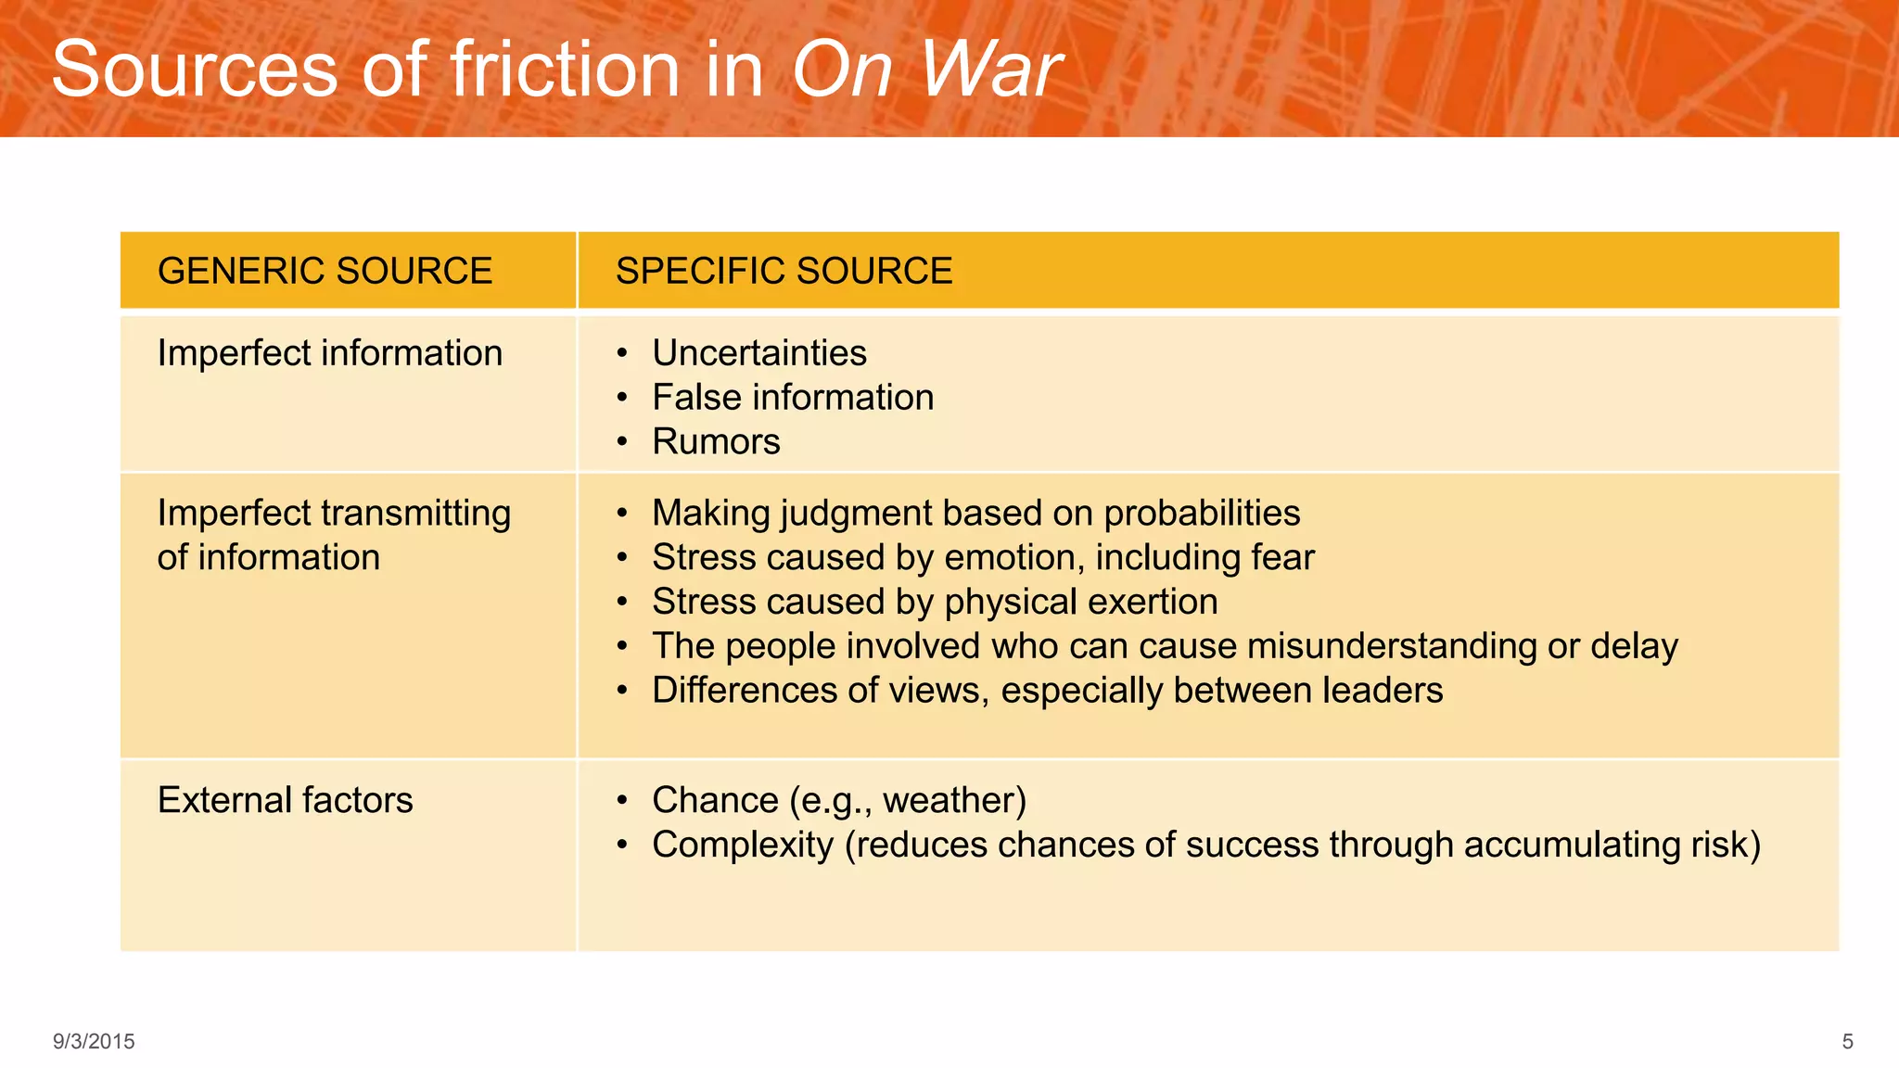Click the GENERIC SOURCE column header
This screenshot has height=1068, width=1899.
pyautogui.click(x=325, y=271)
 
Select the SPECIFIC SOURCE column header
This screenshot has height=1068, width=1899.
pyautogui.click(x=784, y=271)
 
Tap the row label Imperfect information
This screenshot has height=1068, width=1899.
pyautogui.click(x=329, y=353)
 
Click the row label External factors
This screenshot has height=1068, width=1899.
pyautogui.click(x=285, y=800)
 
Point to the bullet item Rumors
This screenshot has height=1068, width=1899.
pyautogui.click(x=716, y=442)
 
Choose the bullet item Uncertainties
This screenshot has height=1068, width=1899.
pyautogui.click(x=758, y=353)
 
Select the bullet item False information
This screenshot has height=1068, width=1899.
pyautogui.click(x=793, y=398)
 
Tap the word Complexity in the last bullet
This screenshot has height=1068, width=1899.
pyautogui.click(x=742, y=845)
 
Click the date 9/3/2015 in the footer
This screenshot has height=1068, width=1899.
pyautogui.click(x=94, y=1041)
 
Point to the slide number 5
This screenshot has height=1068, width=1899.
pyautogui.click(x=1847, y=1041)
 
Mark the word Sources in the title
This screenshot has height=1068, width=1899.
pyautogui.click(x=195, y=70)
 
